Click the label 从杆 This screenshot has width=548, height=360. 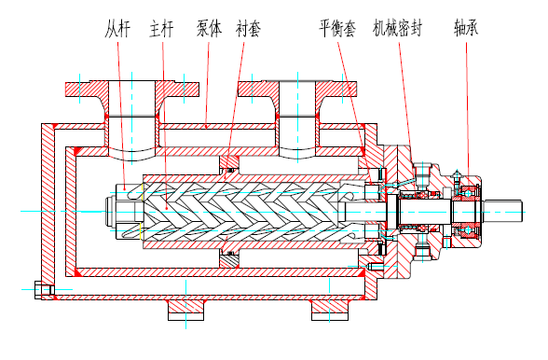point(117,29)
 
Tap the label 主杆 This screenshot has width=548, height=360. point(161,29)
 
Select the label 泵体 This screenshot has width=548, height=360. point(209,29)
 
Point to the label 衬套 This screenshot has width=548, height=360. point(248,29)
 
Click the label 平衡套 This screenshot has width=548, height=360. point(337,29)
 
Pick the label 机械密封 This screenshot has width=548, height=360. point(398,29)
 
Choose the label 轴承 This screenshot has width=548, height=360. point(466,28)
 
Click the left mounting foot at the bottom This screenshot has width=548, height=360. point(185,310)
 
